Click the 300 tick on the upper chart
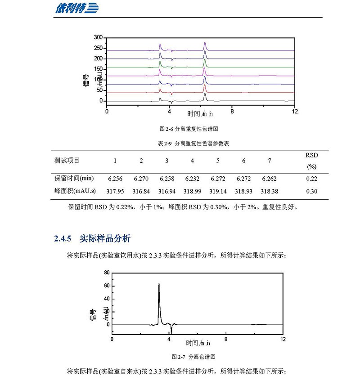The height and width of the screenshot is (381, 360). coord(98,37)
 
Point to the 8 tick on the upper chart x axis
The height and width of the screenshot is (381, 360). coord(232,111)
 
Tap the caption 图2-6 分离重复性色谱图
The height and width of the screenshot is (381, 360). coord(189,129)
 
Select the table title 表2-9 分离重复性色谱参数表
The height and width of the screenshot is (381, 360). coord(189,143)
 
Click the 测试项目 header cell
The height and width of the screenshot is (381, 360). coord(67,161)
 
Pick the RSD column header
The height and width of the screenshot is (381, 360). coord(311,155)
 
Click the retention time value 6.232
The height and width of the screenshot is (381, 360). coord(193,179)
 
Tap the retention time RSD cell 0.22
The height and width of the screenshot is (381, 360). coord(311,179)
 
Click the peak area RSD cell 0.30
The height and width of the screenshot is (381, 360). coord(311,191)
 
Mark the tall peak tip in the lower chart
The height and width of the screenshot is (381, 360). coord(159,284)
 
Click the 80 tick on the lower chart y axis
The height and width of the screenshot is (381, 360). coord(107,273)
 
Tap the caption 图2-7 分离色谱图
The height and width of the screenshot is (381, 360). coord(194,357)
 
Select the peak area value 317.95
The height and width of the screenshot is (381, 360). coord(115,191)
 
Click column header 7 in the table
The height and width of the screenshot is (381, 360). coord(269,161)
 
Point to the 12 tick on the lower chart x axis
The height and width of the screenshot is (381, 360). coord(283,339)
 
